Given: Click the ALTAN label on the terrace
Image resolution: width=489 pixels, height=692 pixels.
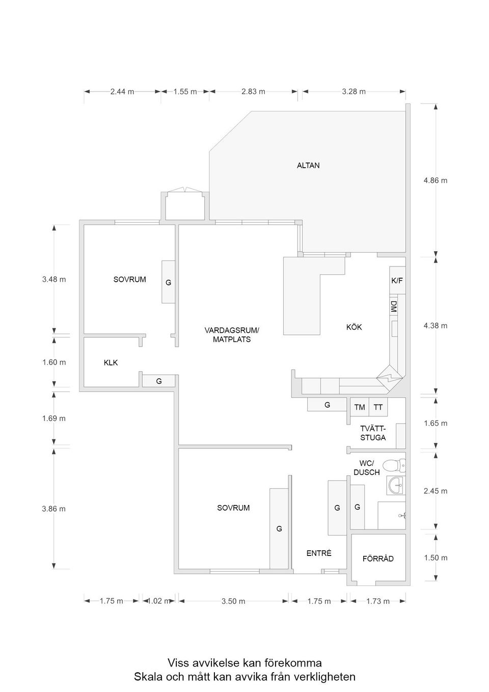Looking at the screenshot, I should point(308,166).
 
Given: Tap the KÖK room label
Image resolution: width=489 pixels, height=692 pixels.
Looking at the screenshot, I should point(354,327).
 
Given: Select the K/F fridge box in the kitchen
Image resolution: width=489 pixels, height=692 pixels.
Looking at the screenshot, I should point(397,281).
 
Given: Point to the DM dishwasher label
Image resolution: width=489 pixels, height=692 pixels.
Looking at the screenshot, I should point(394,306).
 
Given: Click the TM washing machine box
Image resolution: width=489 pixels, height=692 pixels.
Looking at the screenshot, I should point(360,407).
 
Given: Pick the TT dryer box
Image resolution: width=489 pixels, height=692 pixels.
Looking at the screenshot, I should point(378,407).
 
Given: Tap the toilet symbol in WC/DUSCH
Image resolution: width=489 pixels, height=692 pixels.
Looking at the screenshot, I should point(393,465).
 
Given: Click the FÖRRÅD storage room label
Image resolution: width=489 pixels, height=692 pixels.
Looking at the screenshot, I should point(378,558).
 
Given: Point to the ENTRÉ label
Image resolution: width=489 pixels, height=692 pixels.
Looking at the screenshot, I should point(319,553).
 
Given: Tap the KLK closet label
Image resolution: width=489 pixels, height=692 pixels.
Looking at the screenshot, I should point(111,363).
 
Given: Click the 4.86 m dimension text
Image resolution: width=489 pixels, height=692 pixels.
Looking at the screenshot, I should point(436,180).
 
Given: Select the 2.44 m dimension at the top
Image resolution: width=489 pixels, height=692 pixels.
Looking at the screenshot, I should point(122,92).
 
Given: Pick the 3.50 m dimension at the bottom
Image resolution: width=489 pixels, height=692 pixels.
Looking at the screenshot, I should point(233,601).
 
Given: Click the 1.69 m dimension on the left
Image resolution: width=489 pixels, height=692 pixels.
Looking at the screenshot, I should point(53,418).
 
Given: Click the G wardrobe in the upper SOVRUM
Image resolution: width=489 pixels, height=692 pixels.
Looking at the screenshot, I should point(169,282).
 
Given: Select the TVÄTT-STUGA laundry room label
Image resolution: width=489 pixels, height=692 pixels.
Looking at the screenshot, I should point(373,433).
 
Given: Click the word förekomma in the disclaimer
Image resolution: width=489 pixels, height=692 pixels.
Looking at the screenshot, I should point(292,663).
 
